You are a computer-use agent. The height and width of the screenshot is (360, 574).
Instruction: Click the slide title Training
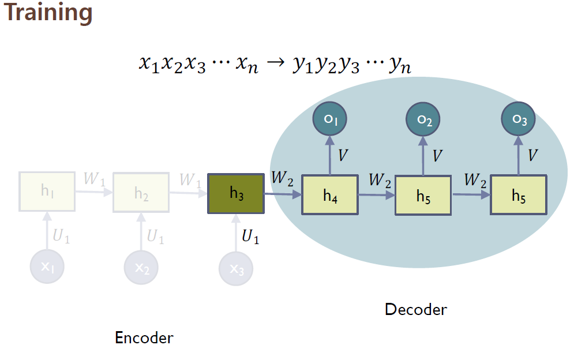[48, 13]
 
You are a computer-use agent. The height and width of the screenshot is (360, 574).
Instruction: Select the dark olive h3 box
[236, 194]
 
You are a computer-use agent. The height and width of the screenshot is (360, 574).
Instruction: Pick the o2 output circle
[424, 119]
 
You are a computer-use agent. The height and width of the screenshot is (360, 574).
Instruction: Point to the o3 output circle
[519, 119]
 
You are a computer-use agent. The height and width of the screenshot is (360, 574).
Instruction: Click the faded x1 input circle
[47, 267]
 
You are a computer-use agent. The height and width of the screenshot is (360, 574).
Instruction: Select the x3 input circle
[236, 268]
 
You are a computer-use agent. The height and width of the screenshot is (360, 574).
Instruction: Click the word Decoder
[415, 310]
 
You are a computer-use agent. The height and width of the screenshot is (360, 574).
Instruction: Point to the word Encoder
[144, 338]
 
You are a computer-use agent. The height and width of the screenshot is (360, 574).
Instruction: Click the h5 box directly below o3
[519, 196]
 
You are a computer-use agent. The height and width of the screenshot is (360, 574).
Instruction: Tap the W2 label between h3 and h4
[283, 178]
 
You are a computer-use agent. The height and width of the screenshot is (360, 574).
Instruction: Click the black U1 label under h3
[250, 237]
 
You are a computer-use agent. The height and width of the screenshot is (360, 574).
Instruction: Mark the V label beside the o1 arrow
[343, 156]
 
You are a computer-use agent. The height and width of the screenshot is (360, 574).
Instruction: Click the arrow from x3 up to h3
[236, 234]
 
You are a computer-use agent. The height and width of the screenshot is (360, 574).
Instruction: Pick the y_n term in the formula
[399, 66]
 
